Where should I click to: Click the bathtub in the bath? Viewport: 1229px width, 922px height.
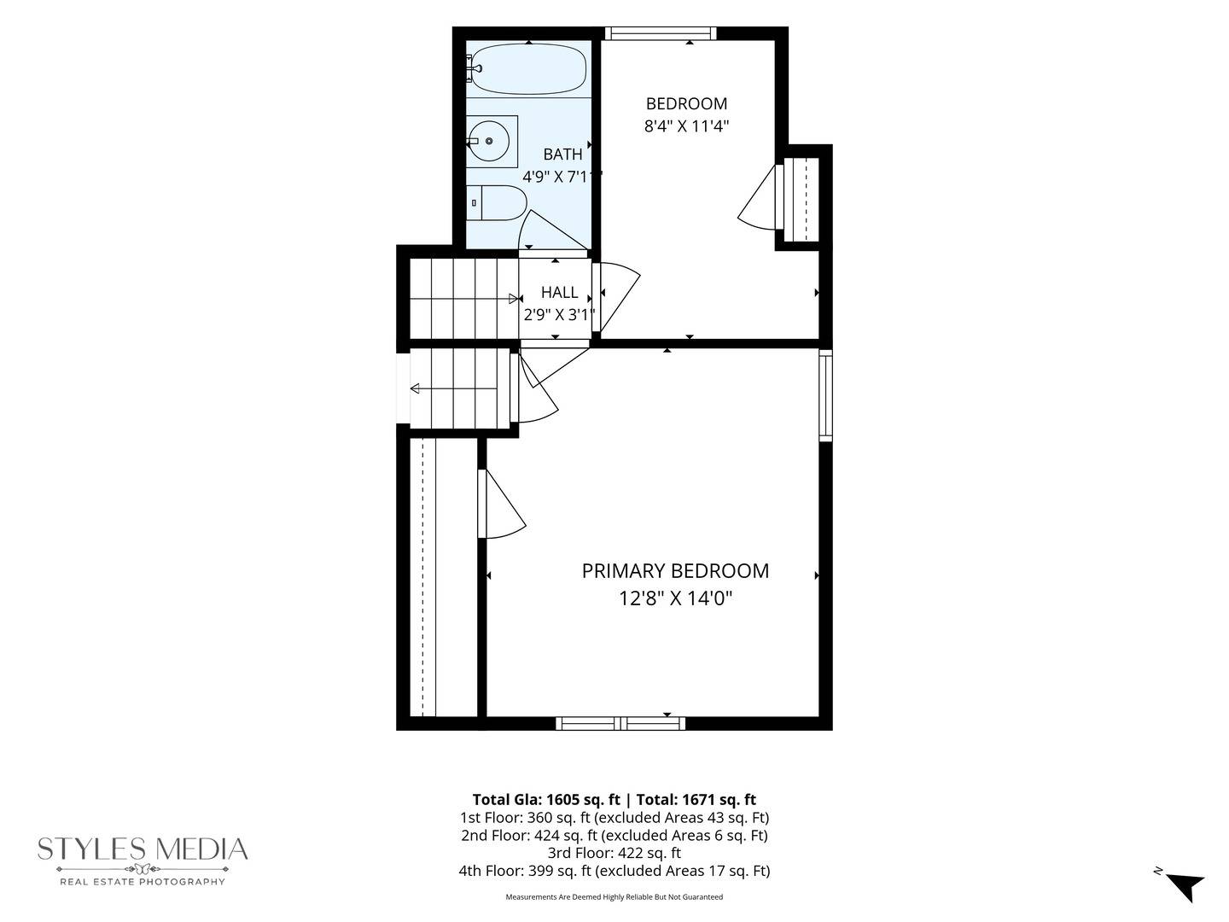tap(528, 69)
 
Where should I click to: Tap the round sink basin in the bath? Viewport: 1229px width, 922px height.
tap(488, 141)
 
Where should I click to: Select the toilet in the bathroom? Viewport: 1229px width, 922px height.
tap(496, 202)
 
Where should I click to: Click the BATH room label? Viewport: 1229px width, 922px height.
tap(562, 154)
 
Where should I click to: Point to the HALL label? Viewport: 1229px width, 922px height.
tap(559, 292)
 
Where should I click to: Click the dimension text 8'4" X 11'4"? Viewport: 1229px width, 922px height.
tap(686, 126)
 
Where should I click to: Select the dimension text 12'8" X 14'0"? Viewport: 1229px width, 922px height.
tap(675, 599)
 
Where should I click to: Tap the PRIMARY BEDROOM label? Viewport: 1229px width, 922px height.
tap(675, 571)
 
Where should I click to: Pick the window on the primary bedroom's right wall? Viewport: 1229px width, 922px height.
tap(825, 395)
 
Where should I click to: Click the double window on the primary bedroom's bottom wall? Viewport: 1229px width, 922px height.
tap(620, 724)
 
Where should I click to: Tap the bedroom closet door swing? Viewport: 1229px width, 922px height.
tap(760, 197)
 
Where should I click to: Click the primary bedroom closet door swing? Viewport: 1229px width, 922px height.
tap(502, 504)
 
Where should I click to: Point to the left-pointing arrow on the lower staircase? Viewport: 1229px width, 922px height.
tap(453, 388)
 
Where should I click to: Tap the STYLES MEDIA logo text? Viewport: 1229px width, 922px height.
tap(143, 849)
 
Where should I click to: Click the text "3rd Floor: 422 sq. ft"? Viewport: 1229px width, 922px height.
tap(614, 853)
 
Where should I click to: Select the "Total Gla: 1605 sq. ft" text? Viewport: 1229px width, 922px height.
tap(546, 799)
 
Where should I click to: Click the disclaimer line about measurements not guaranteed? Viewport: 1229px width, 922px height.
tap(614, 896)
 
